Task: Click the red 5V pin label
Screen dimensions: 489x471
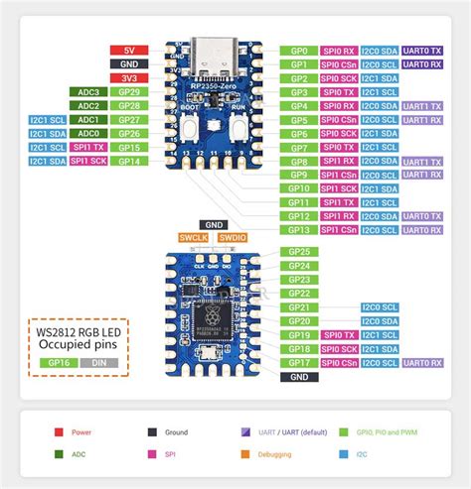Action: point(129,50)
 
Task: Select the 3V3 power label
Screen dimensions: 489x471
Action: point(129,77)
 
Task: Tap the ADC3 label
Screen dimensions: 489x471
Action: point(88,91)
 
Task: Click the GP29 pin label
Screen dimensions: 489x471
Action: point(129,91)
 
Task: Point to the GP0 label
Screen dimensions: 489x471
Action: point(299,50)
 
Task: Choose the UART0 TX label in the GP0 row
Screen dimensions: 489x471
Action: point(422,50)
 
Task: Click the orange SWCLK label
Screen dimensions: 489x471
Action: point(196,238)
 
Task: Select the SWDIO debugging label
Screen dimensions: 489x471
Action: point(232,238)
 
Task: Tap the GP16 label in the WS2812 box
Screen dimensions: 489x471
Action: point(58,363)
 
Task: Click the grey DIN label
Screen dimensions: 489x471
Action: point(99,363)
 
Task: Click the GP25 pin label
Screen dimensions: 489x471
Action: point(299,252)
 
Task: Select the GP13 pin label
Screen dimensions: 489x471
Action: point(299,229)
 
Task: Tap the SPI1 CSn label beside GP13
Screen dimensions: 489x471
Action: point(340,229)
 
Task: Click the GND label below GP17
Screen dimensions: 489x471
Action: point(299,377)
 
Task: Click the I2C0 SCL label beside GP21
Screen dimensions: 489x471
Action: point(381,307)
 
